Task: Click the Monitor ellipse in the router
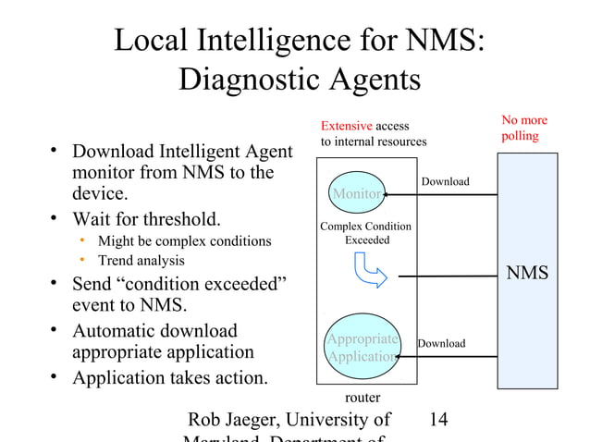click(x=357, y=192)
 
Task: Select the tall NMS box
click(x=527, y=274)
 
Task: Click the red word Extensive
click(x=346, y=126)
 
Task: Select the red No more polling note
click(x=524, y=128)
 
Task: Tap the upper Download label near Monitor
click(x=445, y=181)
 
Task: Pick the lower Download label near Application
click(x=441, y=344)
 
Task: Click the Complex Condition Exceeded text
click(x=365, y=233)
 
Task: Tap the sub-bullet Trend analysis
click(x=141, y=261)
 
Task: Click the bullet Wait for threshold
click(x=146, y=220)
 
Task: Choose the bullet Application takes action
click(x=170, y=377)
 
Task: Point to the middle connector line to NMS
click(x=448, y=274)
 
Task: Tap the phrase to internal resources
click(x=374, y=142)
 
